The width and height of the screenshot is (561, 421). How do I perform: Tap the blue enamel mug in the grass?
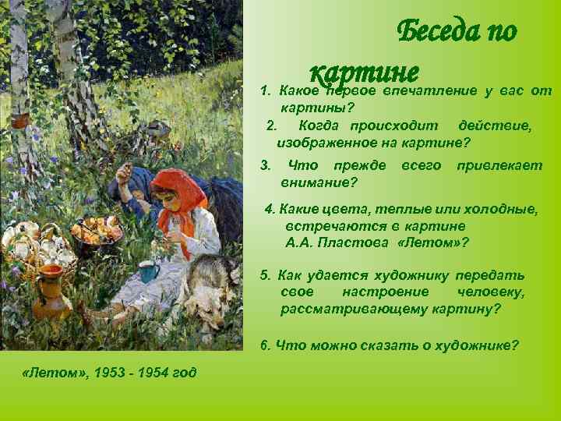click(x=149, y=271)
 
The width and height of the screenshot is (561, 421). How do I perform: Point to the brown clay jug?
click(x=51, y=291)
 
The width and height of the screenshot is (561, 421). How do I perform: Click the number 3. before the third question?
click(x=266, y=165)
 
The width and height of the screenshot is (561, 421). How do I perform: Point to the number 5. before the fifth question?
click(x=266, y=274)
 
